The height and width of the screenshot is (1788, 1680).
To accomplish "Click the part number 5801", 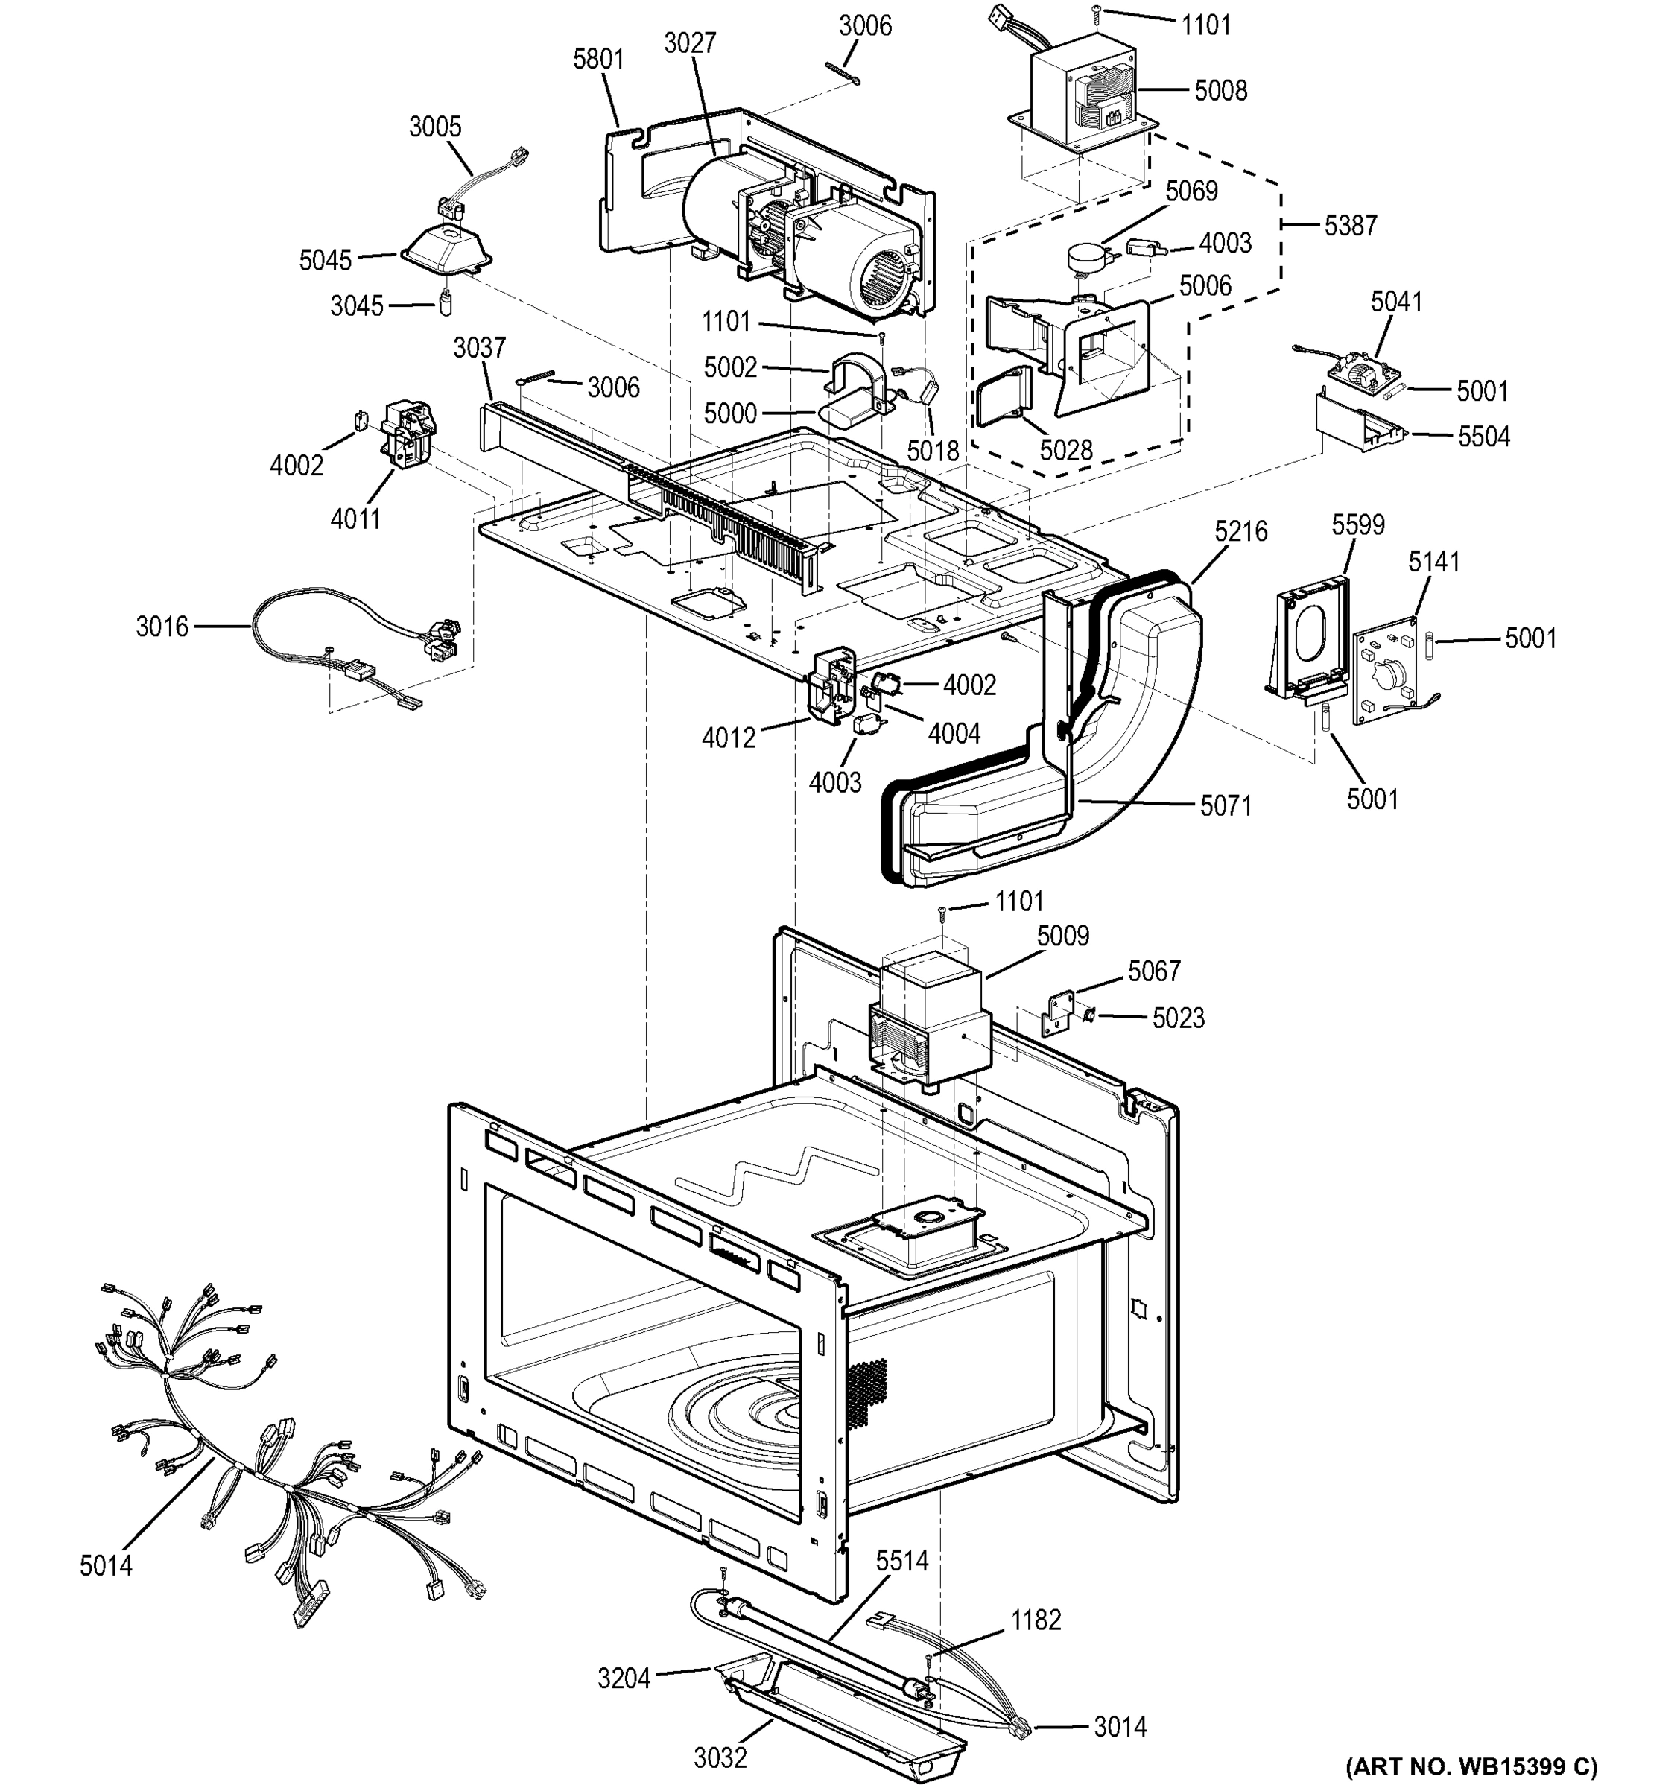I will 598,60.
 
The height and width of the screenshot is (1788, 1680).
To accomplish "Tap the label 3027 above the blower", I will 690,43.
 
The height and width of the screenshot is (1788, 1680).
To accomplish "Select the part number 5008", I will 1220,91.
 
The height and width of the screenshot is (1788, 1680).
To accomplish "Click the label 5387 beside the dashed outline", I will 1350,226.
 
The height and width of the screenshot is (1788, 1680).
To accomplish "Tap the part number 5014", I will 105,1566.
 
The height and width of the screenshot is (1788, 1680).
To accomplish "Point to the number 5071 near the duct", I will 1225,806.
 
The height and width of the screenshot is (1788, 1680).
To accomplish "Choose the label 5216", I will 1240,531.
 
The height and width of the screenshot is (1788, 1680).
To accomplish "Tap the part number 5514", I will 901,1561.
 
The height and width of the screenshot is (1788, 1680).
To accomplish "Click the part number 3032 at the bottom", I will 720,1757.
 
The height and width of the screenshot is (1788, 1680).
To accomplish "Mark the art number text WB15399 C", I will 1471,1766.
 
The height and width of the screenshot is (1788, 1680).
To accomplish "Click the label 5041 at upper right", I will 1396,302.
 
